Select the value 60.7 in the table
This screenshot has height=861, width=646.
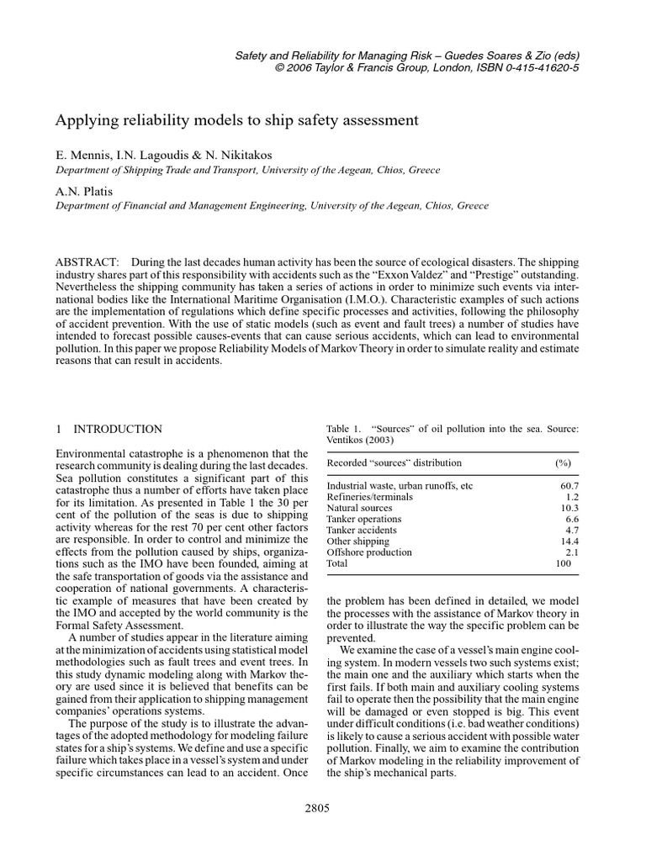click(569, 486)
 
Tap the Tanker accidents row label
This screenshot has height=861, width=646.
click(362, 531)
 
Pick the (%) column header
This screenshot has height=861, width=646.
click(563, 463)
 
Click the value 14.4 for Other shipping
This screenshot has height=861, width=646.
click(569, 541)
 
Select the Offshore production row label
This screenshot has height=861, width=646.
click(369, 552)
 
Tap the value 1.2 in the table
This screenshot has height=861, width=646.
click(572, 497)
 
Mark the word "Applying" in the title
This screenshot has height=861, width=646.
click(82, 120)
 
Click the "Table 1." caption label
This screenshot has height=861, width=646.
click(343, 430)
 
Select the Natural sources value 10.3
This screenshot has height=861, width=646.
click(569, 509)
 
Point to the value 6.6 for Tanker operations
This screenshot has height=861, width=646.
click(572, 520)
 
